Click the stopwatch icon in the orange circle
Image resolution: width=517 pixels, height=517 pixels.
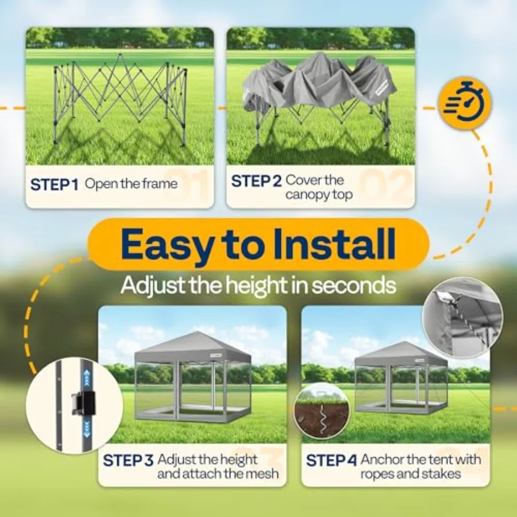coord(465,102)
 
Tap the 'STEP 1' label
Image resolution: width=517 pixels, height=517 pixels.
coord(55,184)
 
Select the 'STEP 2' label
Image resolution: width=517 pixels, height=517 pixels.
coord(256,181)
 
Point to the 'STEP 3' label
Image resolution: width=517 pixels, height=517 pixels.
coord(128,460)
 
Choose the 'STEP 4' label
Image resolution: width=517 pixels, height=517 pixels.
coord(331,460)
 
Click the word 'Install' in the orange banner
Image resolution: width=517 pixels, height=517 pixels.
coord(335,244)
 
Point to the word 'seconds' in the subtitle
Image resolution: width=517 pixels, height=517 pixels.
coord(354,285)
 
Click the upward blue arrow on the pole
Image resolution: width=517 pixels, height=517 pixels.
coord(87,378)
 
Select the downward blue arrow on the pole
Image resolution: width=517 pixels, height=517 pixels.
coord(87,429)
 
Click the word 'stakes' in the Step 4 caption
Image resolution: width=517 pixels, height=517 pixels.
coord(442,474)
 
